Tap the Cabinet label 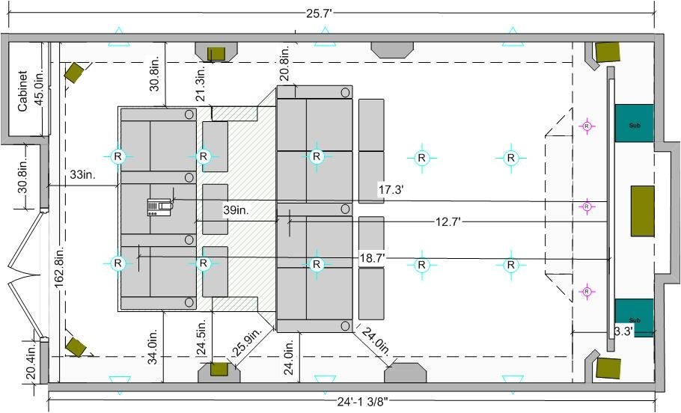(22, 91)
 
